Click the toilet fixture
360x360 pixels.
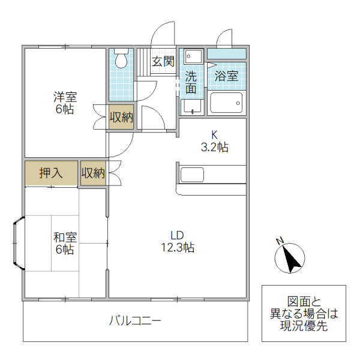pyautogui.click(x=122, y=59)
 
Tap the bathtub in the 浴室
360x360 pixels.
pyautogui.click(x=226, y=104)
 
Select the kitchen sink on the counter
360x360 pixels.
pyautogui.click(x=193, y=176)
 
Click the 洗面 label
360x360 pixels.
pyautogui.click(x=190, y=83)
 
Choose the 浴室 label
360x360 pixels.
pyautogui.click(x=226, y=77)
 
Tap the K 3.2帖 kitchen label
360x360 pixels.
pyautogui.click(x=214, y=140)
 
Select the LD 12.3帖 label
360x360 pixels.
pyautogui.click(x=176, y=240)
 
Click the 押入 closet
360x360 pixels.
pyautogui.click(x=51, y=173)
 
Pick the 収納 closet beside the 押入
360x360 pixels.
pyautogui.click(x=93, y=173)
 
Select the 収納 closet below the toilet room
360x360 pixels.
pyautogui.click(x=121, y=118)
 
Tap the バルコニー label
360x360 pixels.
pyautogui.click(x=134, y=320)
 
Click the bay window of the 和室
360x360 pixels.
pyautogui.click(x=17, y=244)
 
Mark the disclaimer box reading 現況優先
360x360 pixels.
pyautogui.click(x=304, y=314)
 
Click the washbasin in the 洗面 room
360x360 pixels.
pyautogui.click(x=192, y=107)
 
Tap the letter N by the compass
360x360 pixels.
pyautogui.click(x=279, y=241)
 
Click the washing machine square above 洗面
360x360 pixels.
pyautogui.click(x=192, y=57)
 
